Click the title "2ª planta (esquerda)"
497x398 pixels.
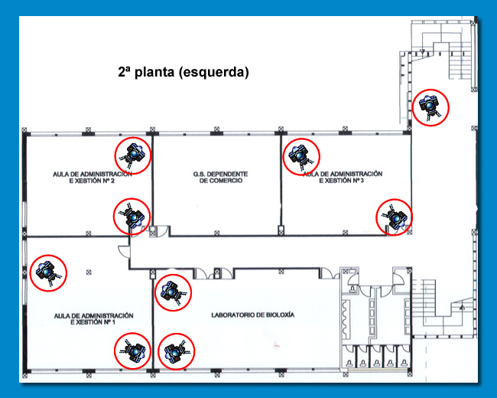(184, 73)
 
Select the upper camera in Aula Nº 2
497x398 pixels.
(134, 155)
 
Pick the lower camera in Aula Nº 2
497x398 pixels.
(133, 217)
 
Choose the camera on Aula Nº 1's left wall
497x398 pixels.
(47, 272)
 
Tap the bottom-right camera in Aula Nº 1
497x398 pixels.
(134, 351)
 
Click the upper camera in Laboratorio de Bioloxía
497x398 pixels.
(174, 292)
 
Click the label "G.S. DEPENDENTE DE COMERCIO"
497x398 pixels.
(218, 178)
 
